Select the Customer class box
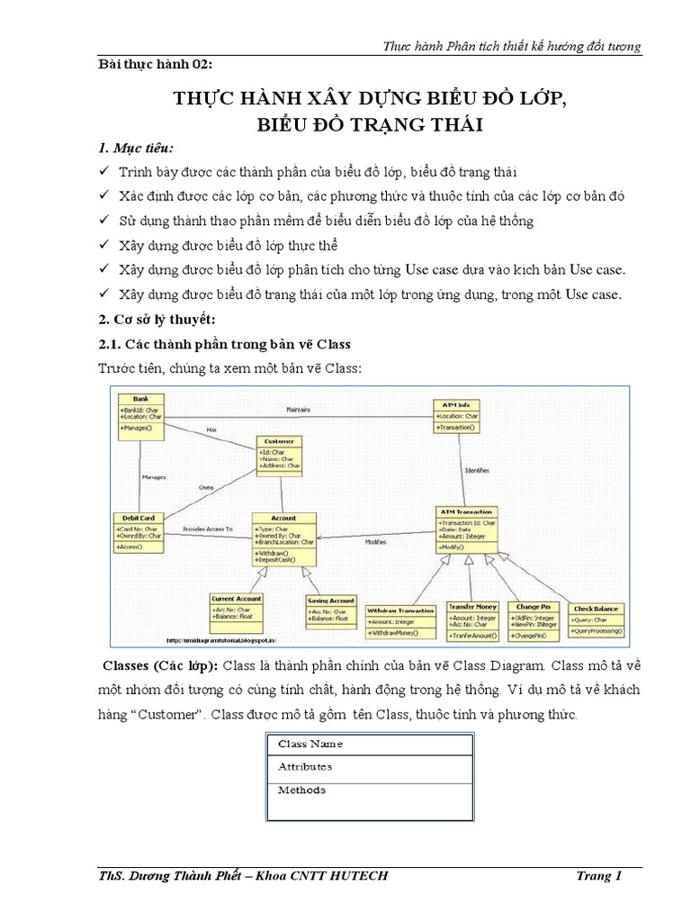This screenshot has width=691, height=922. tap(281, 454)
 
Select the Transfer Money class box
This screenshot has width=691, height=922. tap(472, 620)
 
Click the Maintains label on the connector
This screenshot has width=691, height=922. tap(299, 410)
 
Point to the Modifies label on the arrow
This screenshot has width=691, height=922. tap(376, 542)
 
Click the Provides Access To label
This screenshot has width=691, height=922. tap(207, 529)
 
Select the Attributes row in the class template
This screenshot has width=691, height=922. tap(370, 766)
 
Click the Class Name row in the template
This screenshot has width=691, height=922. tap(370, 745)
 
